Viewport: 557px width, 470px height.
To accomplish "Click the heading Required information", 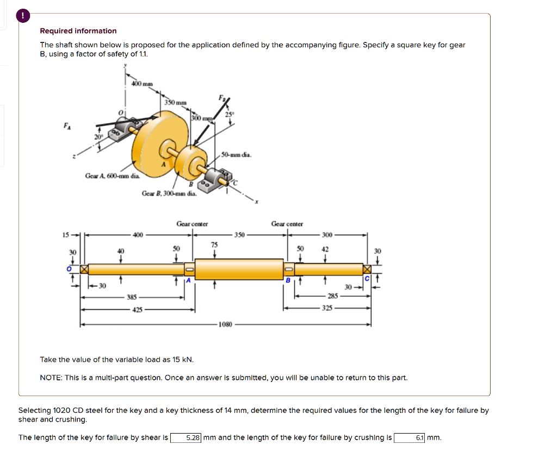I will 78,31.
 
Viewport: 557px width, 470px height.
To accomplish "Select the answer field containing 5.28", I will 187,437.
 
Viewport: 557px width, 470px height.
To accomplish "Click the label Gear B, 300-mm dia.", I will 169,193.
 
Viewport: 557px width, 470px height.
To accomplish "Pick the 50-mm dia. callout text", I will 237,155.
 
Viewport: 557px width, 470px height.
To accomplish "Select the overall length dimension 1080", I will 225,325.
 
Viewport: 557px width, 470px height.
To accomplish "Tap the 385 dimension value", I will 132,297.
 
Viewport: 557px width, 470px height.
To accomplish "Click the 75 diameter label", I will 214,245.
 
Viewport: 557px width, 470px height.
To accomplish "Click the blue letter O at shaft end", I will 69,268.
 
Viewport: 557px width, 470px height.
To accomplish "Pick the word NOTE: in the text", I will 52,377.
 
